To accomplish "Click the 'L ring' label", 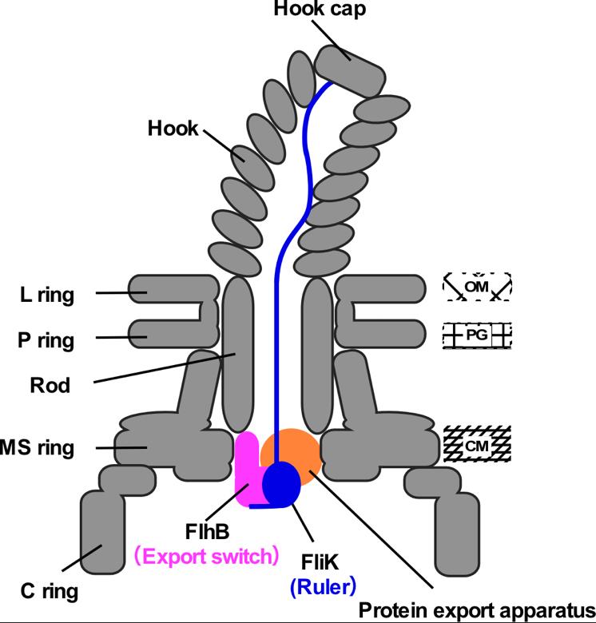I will tap(47, 296).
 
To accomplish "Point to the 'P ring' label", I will tap(46, 341).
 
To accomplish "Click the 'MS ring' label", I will tap(37, 448).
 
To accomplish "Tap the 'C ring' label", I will tap(39, 592).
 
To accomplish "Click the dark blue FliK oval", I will tap(280, 484).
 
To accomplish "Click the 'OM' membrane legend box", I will tap(477, 286).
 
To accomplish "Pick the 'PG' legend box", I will tap(477, 336).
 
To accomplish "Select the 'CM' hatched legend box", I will tap(477, 443).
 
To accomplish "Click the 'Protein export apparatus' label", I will tap(476, 609).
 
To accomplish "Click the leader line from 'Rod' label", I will tap(160, 369).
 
